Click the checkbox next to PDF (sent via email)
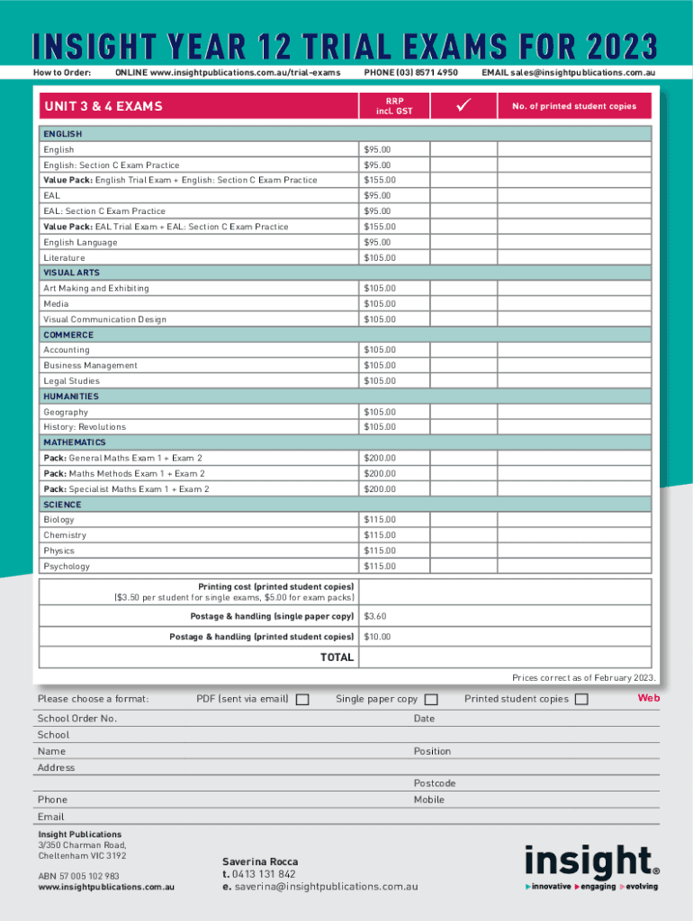click(302, 700)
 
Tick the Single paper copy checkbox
click(431, 700)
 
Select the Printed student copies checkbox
click(581, 700)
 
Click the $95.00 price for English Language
click(377, 242)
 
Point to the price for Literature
click(379, 258)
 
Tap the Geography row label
click(66, 412)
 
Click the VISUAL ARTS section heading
click(72, 273)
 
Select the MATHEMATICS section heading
click(75, 443)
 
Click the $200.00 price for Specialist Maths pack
click(379, 489)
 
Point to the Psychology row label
click(67, 567)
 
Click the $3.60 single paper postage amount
click(374, 617)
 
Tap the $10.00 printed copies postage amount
click(377, 637)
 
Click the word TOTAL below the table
click(337, 657)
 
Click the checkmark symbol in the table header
click(464, 106)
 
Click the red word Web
click(649, 698)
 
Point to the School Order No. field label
click(77, 719)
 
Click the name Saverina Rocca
click(260, 862)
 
